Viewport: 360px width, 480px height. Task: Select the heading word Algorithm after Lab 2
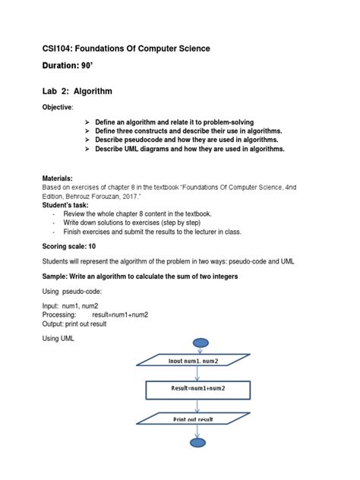(90, 91)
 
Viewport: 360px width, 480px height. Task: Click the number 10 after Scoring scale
(93, 247)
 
